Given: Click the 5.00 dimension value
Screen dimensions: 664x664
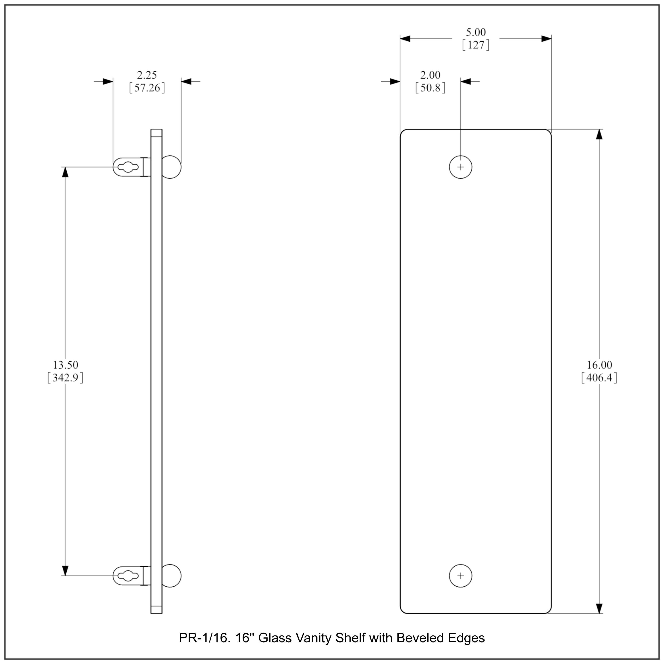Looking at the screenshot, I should click(476, 32).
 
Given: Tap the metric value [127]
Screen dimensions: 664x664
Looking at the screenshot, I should click(476, 45).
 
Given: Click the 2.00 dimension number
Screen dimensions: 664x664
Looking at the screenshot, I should click(430, 75).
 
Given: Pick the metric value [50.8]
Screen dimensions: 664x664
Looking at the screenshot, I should click(430, 88).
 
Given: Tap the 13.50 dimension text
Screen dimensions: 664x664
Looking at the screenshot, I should click(65, 365).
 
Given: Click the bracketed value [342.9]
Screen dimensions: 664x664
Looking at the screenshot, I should click(65, 378).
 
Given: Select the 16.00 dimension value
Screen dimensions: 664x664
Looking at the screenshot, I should click(599, 365).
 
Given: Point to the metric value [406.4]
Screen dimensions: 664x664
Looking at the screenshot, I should click(599, 378).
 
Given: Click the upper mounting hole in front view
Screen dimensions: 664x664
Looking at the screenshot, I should click(461, 167).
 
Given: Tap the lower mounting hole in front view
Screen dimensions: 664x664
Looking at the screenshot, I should click(461, 576).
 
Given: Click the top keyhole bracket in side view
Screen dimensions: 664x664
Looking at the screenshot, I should click(128, 167).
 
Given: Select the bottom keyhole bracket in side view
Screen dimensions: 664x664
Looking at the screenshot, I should click(128, 576).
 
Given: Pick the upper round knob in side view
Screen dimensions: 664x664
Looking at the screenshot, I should click(171, 167).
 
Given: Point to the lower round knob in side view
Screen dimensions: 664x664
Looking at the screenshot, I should click(171, 576).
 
